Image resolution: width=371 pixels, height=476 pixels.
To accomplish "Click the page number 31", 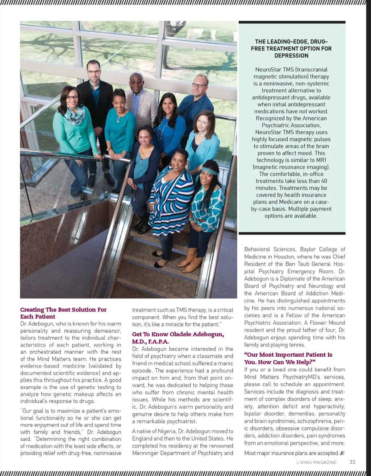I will pyautogui.click(x=352, y=462).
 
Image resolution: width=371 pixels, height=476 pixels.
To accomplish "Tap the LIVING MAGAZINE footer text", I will pyautogui.click(x=317, y=462).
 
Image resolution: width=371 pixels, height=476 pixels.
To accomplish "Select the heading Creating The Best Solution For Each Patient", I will pyautogui.click(x=63, y=313).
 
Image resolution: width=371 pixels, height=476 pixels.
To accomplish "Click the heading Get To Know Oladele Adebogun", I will pyautogui.click(x=178, y=338).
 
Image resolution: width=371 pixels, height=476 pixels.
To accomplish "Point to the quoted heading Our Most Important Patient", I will pyautogui.click(x=288, y=358).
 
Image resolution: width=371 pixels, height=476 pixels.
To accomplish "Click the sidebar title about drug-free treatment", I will pyautogui.click(x=291, y=49).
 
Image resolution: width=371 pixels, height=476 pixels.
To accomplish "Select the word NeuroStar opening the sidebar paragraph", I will pyautogui.click(x=268, y=69).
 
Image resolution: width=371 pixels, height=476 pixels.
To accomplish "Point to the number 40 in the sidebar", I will pyautogui.click(x=324, y=181).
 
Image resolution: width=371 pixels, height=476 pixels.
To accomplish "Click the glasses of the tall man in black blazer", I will pyautogui.click(x=94, y=72).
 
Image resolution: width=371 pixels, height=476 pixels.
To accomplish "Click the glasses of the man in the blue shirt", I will pyautogui.click(x=199, y=86).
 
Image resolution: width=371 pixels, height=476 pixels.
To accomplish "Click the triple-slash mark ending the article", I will pyautogui.click(x=342, y=453).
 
